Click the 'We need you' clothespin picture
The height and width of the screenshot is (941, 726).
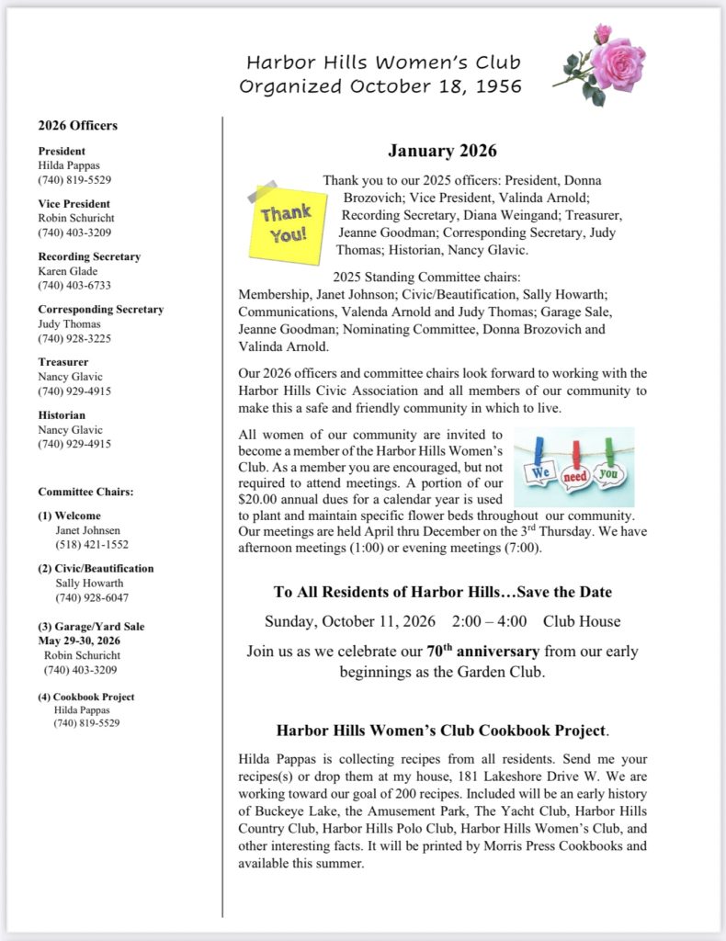click(573, 466)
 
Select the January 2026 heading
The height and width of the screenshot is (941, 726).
click(442, 151)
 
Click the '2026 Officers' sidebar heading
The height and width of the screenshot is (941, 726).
click(77, 126)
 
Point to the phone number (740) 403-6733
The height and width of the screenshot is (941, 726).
click(74, 286)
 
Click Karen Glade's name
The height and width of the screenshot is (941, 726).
click(66, 271)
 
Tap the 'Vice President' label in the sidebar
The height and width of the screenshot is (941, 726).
click(74, 204)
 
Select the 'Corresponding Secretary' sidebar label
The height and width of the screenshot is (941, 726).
click(100, 310)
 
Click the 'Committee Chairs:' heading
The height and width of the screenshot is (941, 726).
click(85, 492)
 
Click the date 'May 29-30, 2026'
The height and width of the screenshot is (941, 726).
click(79, 641)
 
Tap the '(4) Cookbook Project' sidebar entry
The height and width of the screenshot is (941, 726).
click(86, 697)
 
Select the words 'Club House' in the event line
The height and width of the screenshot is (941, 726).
click(581, 620)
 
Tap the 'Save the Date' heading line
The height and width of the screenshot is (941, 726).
click(442, 592)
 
